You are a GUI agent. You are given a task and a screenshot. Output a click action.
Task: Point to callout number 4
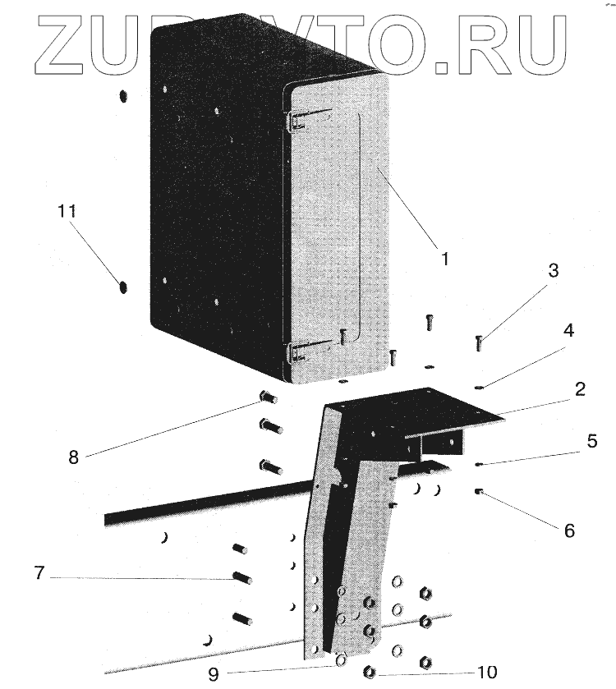[568, 332]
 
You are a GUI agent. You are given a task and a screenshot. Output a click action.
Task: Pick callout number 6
[568, 530]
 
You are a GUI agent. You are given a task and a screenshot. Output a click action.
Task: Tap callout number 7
[38, 572]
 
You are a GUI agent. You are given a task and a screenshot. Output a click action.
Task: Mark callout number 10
[486, 672]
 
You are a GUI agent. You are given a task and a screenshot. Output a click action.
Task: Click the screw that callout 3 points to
[479, 342]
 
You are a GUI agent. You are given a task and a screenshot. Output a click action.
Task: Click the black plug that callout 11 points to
[123, 288]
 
